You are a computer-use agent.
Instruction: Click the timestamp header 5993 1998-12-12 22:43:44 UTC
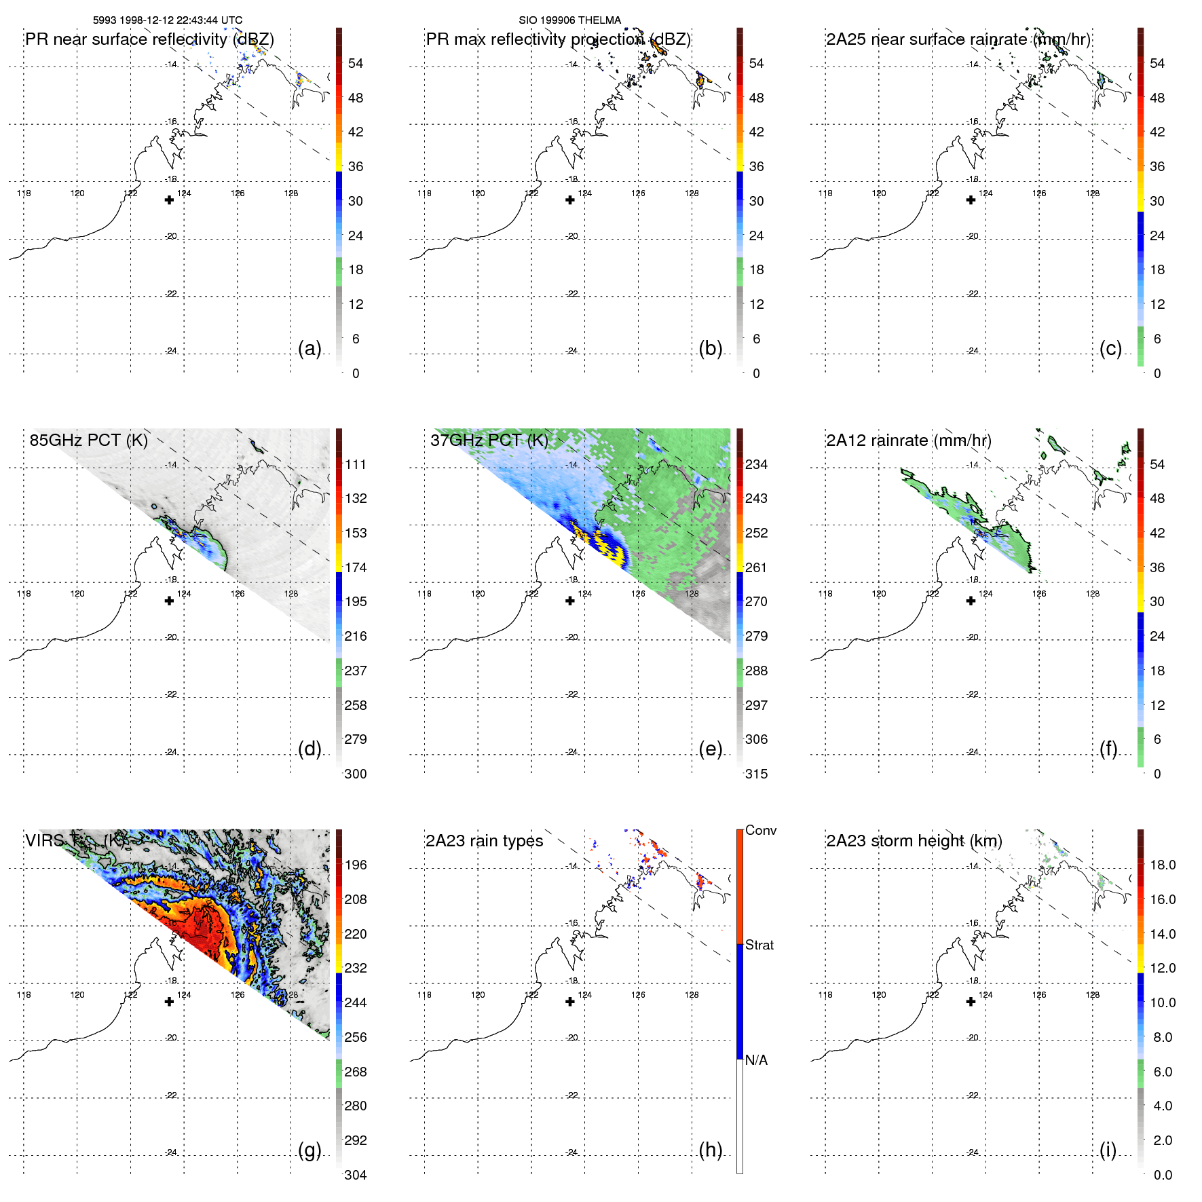point(167,20)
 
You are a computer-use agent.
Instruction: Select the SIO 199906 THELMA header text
point(569,20)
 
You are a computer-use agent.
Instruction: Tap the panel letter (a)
point(309,349)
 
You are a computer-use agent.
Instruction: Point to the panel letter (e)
point(710,749)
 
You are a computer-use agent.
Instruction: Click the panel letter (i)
point(1108,1150)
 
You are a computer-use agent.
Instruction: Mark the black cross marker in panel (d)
point(169,601)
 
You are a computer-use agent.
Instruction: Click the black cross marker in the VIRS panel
point(169,1002)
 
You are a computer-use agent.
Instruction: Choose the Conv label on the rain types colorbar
point(760,831)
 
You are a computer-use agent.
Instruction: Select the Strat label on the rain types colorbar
point(759,945)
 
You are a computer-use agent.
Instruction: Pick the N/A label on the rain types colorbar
point(756,1060)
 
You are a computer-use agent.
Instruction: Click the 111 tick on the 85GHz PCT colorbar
point(355,465)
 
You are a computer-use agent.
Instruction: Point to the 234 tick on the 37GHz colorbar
point(756,465)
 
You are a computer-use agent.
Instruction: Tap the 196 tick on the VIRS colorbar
point(355,865)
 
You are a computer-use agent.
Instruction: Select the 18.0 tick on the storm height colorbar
point(1162,865)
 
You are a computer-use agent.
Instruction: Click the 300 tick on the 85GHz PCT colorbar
point(355,774)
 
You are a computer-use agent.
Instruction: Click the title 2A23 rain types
point(484,841)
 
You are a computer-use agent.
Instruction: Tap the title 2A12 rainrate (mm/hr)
point(909,440)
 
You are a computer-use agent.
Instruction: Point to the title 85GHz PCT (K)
point(88,440)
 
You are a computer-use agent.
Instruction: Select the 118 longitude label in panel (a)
point(24,193)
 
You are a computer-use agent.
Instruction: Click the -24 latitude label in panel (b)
point(572,351)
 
